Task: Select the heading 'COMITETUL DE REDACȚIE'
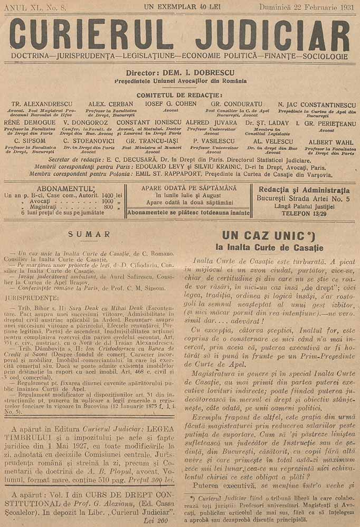(179, 94)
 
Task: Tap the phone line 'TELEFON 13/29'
(304, 213)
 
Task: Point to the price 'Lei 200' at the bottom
(159, 520)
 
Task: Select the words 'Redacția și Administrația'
(304, 190)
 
